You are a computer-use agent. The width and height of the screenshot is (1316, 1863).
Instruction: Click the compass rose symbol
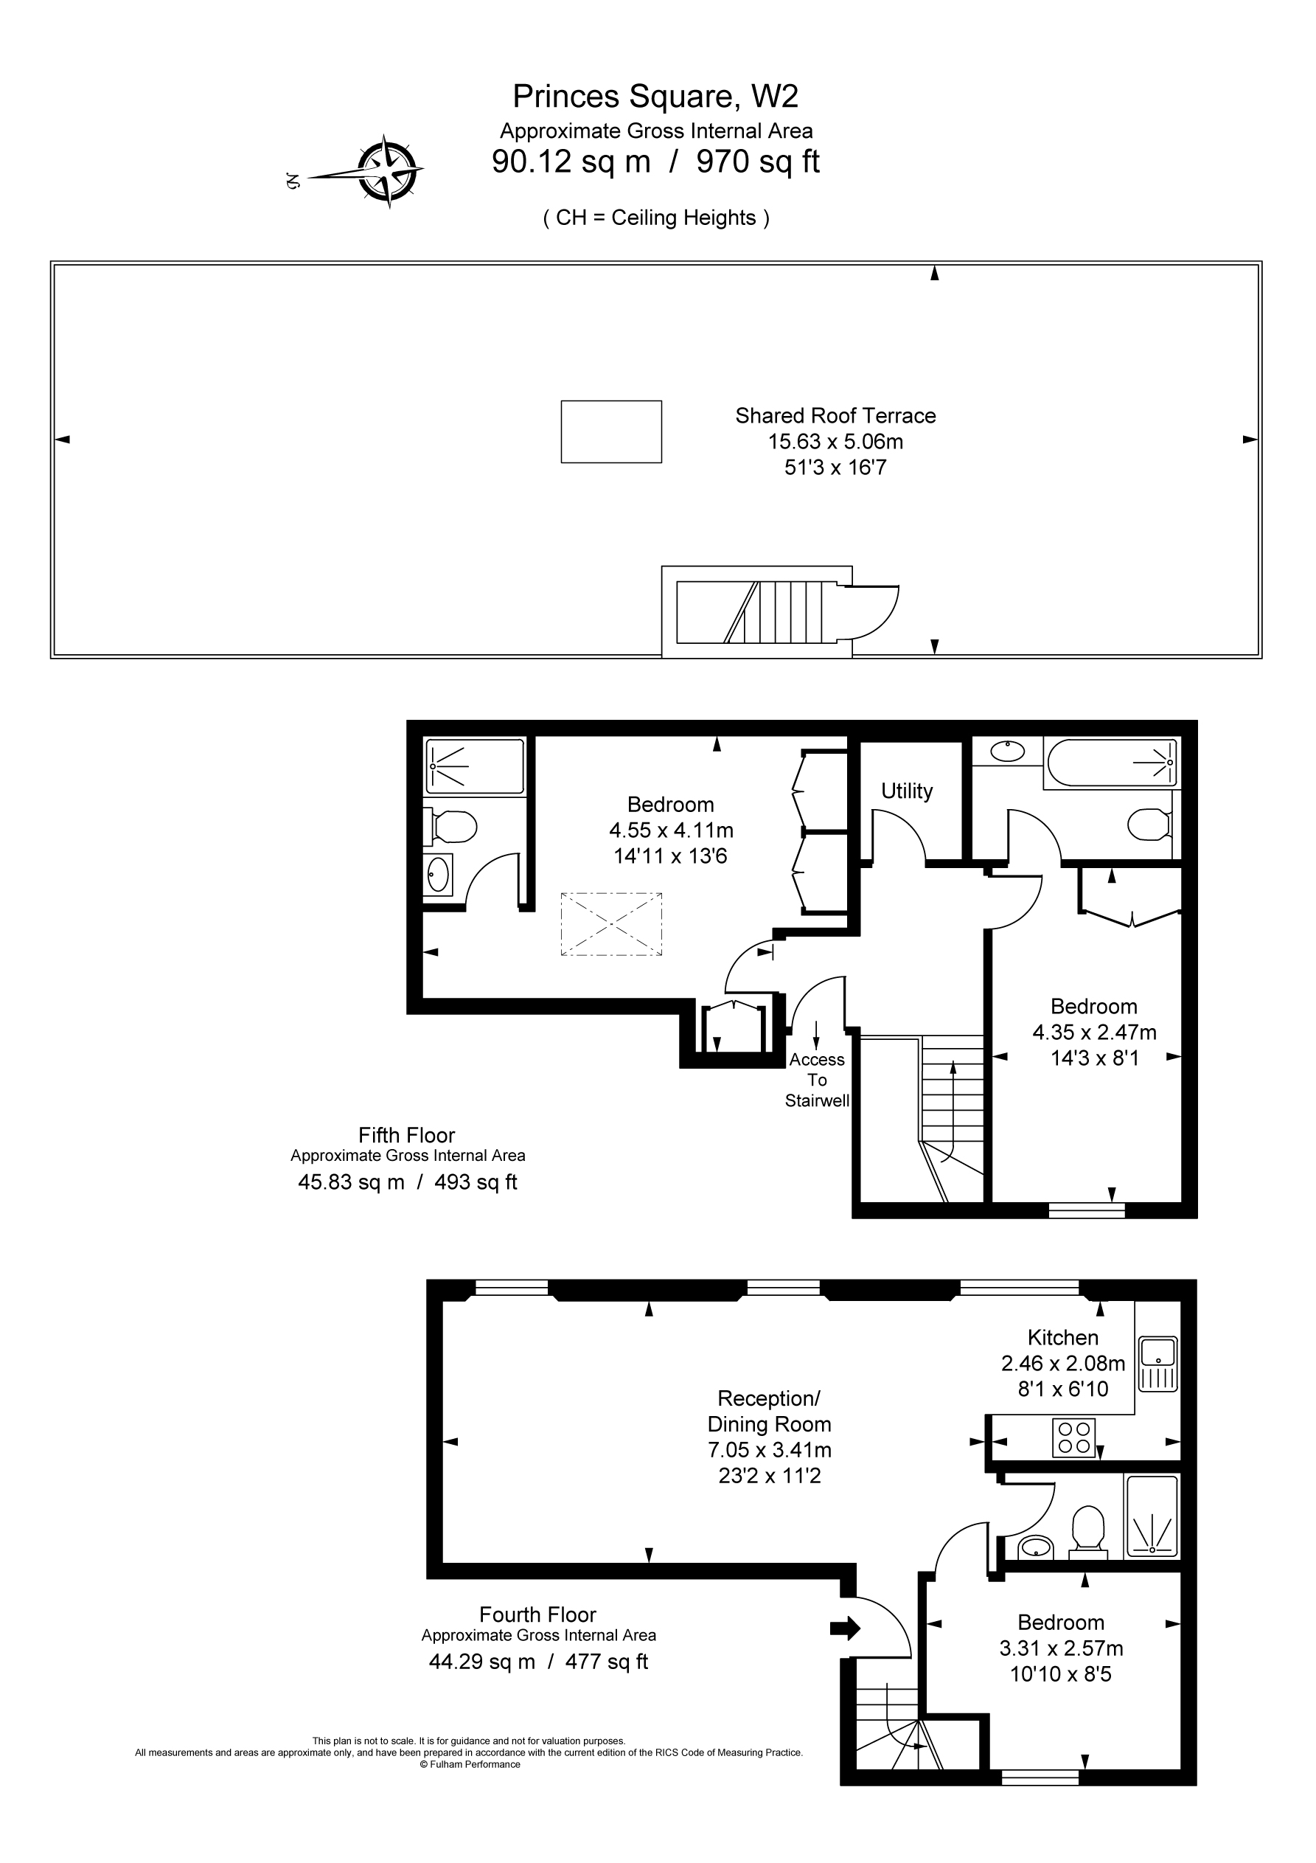pos(389,171)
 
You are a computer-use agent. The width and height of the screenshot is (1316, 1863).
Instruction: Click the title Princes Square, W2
pos(655,97)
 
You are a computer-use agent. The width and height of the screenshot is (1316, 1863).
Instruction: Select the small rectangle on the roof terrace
pos(611,431)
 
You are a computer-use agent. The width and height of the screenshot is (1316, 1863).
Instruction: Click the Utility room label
pos(906,791)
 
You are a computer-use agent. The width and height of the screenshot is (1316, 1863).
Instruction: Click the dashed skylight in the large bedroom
pos(611,924)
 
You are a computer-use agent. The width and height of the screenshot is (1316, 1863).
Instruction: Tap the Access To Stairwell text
pos(817,1080)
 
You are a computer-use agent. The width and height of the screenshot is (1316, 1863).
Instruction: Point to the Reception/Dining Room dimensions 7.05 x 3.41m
pos(769,1449)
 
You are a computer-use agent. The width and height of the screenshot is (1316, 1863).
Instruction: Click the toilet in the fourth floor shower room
pos(1087,1529)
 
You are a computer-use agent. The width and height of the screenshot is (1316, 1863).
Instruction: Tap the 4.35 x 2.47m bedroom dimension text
pos(1093,1032)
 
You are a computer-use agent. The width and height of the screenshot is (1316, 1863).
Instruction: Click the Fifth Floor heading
pos(406,1135)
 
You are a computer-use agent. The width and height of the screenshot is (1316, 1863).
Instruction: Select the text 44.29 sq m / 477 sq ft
pos(538,1662)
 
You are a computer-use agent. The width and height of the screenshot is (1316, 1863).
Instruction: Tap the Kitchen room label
pos(1063,1337)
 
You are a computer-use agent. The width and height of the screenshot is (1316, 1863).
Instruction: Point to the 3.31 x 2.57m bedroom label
pos(1060,1648)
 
